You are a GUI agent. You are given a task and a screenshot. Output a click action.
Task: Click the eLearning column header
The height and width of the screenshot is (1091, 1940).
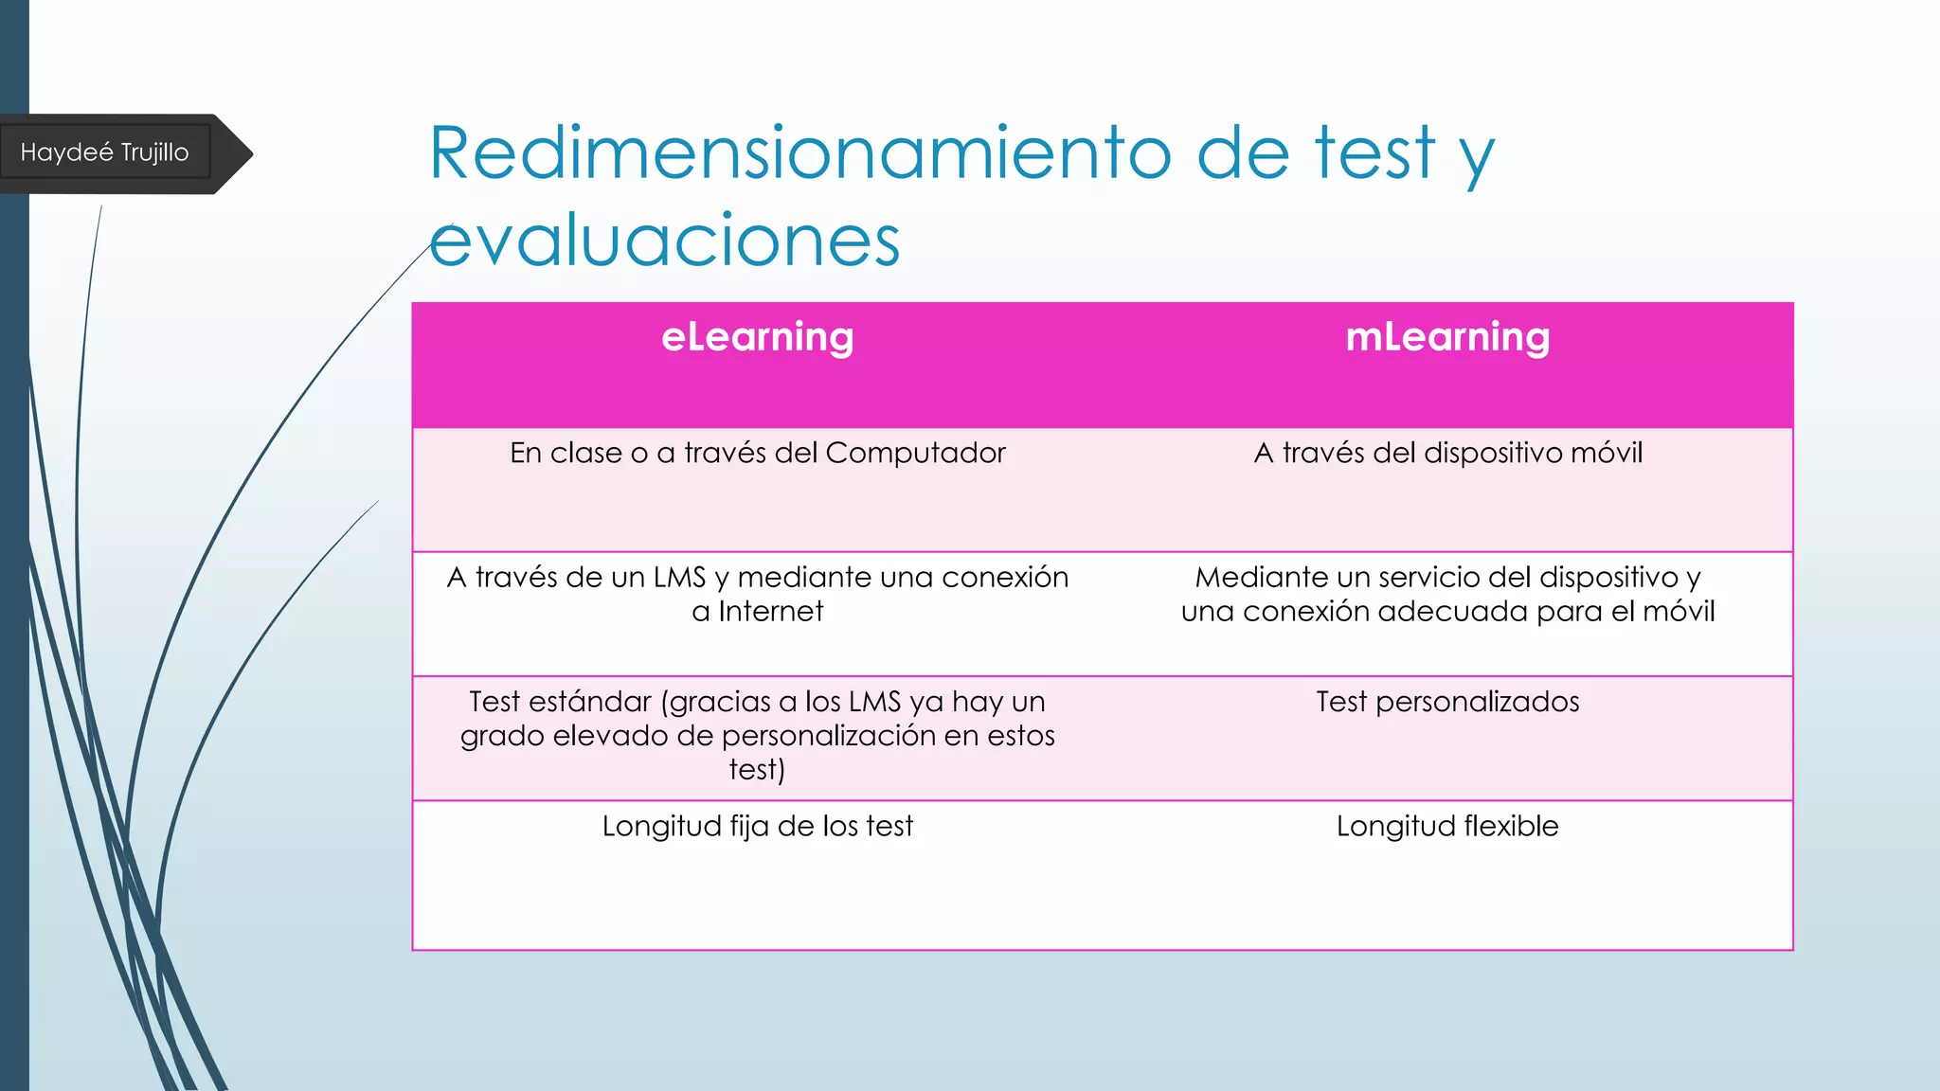(757, 337)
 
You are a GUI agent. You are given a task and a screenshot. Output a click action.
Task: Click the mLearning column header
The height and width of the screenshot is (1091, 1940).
(1447, 337)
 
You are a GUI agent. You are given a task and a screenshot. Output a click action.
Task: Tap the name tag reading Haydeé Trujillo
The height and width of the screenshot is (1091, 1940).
(104, 152)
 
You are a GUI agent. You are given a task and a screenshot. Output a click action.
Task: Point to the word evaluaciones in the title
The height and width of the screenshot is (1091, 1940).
(664, 241)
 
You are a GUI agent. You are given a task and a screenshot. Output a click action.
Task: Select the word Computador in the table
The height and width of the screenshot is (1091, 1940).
(915, 453)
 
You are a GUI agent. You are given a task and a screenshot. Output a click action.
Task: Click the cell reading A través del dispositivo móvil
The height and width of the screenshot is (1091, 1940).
(1447, 453)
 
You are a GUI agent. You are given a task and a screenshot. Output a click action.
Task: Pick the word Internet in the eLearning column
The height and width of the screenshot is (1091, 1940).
(770, 612)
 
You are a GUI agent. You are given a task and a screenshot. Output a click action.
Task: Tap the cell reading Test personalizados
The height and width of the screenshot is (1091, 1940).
(1447, 702)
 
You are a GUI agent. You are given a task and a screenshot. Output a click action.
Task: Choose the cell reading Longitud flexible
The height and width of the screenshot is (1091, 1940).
(1447, 826)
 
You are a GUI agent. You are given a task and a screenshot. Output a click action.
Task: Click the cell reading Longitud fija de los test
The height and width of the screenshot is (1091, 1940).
(757, 826)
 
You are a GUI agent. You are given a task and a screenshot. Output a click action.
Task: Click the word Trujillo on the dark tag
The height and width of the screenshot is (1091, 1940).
(154, 152)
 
